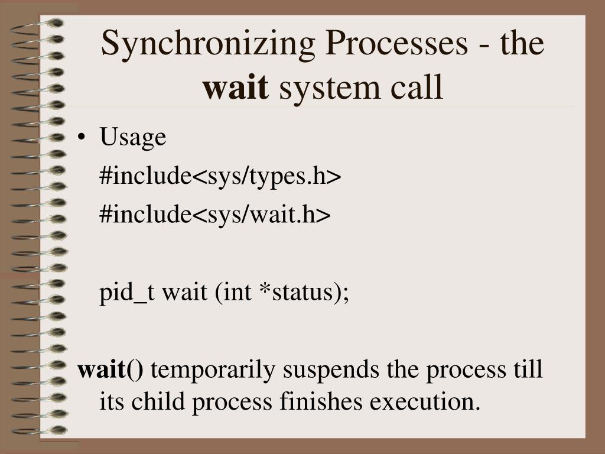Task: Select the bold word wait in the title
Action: pyautogui.click(x=236, y=87)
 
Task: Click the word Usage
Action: pyautogui.click(x=133, y=138)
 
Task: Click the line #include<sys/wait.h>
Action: pyautogui.click(x=215, y=215)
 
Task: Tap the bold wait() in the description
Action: pyautogui.click(x=110, y=371)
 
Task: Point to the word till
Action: pyautogui.click(x=526, y=369)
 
